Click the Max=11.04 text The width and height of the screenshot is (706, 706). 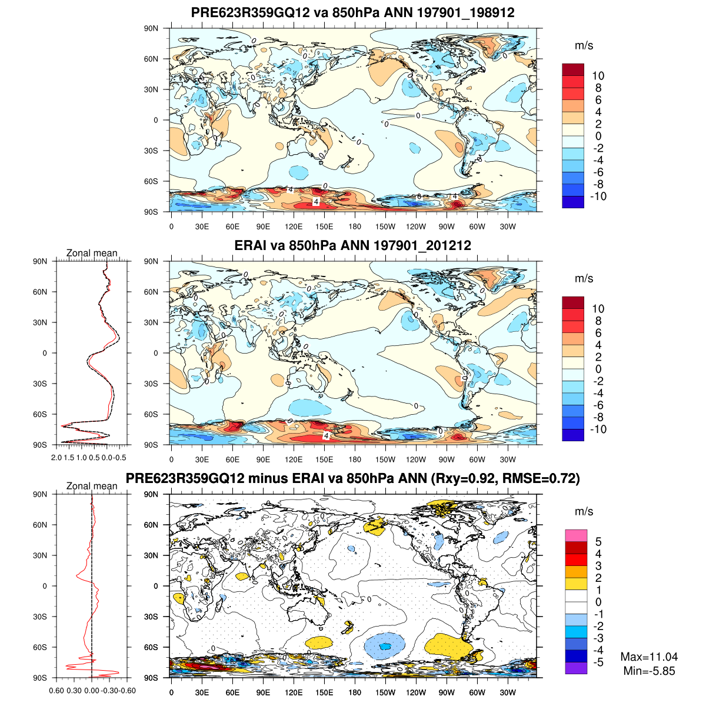click(x=649, y=657)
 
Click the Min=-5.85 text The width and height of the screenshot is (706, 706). click(x=649, y=671)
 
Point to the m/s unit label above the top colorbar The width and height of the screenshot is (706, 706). click(x=584, y=46)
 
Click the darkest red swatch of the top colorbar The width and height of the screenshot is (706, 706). click(x=573, y=69)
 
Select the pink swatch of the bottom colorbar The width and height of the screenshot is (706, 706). click(x=576, y=535)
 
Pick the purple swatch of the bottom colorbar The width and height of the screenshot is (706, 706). click(x=576, y=668)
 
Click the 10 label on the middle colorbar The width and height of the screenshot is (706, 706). click(x=598, y=309)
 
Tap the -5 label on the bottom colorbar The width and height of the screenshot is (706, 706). click(x=598, y=662)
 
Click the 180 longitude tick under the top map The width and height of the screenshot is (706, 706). click(x=355, y=227)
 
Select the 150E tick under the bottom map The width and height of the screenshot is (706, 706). click(x=324, y=692)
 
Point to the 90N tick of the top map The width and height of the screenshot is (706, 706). click(x=152, y=28)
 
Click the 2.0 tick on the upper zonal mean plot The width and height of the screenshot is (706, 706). click(x=56, y=457)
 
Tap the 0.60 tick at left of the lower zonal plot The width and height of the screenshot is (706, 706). click(x=56, y=691)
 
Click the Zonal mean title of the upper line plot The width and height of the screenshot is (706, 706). click(x=92, y=254)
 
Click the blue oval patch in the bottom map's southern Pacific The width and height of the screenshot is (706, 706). click(x=385, y=645)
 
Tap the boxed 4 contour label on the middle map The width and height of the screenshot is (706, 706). click(x=325, y=435)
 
